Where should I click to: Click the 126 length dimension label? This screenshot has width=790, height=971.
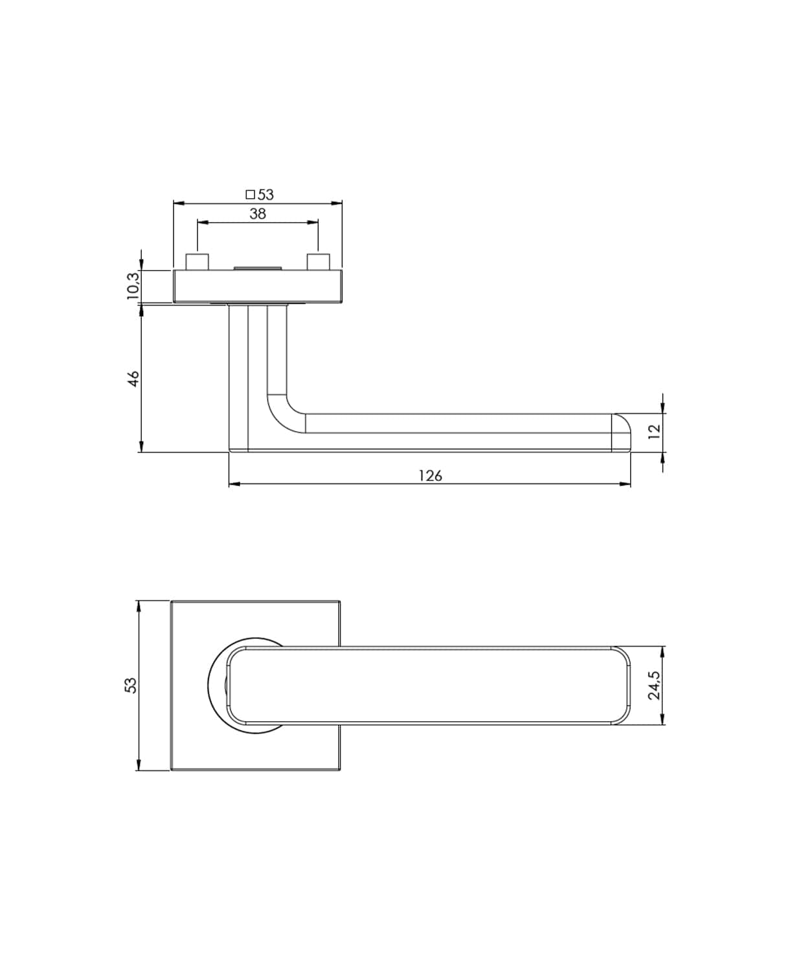point(431,476)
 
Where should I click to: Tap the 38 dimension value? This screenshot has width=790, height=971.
point(258,214)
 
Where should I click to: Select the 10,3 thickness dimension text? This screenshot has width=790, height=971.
point(133,286)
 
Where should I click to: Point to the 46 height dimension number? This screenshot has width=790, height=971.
point(133,379)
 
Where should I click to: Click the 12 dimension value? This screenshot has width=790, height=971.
point(654,431)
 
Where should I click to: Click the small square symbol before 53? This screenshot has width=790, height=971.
point(250,195)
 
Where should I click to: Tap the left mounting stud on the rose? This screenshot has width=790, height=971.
point(198,263)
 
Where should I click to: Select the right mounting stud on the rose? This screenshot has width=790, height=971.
point(318,263)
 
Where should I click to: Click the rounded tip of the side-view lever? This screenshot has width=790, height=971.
point(623,432)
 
